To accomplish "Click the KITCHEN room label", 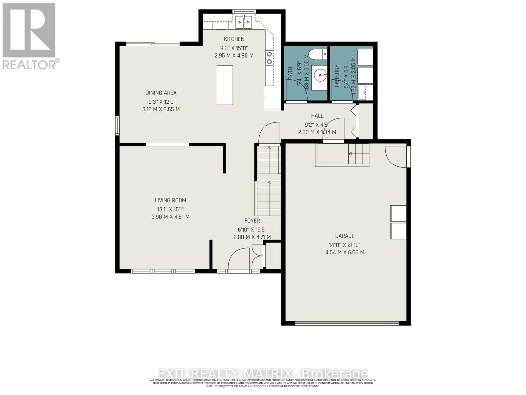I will pos(234,39).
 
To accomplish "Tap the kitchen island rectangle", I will pos(225,85).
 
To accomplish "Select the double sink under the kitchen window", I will pos(244,22).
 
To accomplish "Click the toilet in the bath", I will pos(318,53).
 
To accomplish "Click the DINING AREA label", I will pos(161,93).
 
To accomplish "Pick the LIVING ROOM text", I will pos(170,200).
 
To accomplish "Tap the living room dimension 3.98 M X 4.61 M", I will pos(170,217).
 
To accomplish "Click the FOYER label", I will pos(252,221).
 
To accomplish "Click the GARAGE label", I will pos(345,236).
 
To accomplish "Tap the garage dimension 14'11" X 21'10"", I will pos(345,245).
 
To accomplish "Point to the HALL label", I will pos(317,116).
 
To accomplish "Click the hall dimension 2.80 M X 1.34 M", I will pos(317,132).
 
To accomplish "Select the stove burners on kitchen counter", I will pos(269,58).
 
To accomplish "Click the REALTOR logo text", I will pos(31,64).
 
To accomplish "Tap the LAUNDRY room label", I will pos(337,76).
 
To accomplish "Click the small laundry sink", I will pos(365,92).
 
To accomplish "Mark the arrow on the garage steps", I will pos(350,154).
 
